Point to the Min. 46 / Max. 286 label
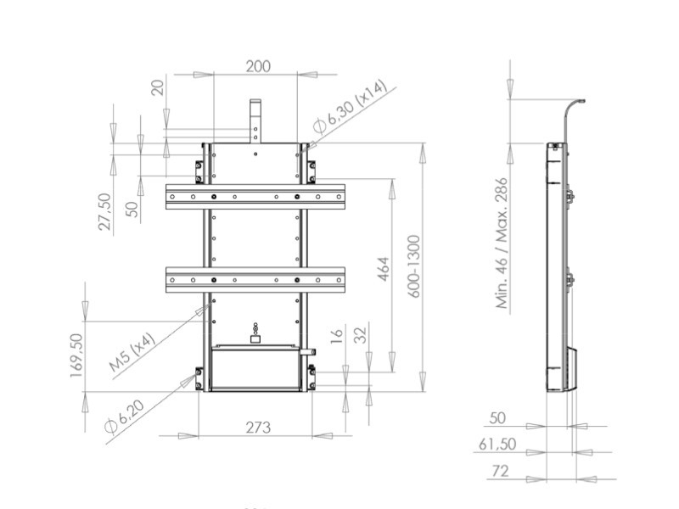[x=501, y=243]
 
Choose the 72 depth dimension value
[x=501, y=470]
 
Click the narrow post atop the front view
[x=255, y=120]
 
